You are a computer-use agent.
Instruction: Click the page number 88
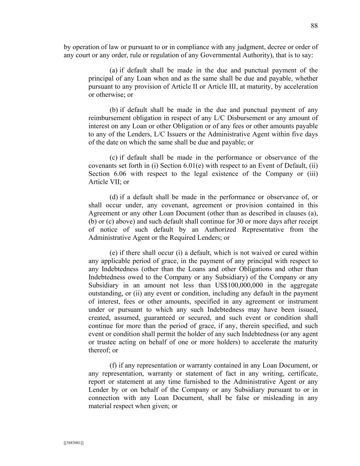click(x=314, y=25)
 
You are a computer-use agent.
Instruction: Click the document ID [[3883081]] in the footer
click(x=73, y=442)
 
